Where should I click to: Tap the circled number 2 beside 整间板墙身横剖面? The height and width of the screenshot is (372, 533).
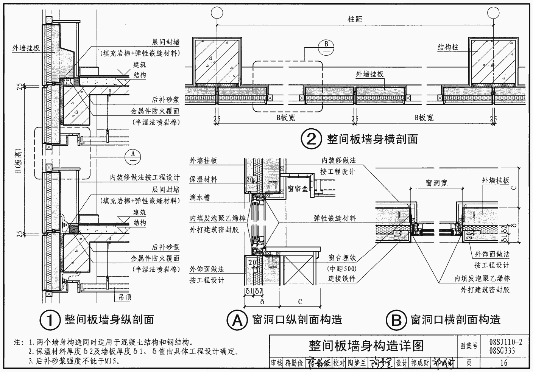tap(311, 139)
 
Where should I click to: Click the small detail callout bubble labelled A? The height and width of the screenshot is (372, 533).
tap(132, 155)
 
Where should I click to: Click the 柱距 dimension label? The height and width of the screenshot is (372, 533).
tap(355, 19)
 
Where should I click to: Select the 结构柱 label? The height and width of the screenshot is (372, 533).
tap(448, 48)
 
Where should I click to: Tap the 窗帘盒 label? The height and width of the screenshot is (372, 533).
tap(298, 188)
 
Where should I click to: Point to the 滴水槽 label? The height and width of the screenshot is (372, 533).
tap(200, 198)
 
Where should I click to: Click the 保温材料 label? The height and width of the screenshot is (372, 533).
tap(204, 179)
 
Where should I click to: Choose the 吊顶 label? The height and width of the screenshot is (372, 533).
tap(123, 297)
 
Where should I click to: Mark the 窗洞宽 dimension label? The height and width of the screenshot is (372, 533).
tap(436, 183)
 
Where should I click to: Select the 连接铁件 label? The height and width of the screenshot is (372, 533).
tap(342, 279)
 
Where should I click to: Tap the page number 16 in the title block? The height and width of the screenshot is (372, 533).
tap(503, 363)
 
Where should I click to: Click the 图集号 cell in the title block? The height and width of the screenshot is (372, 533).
tap(469, 346)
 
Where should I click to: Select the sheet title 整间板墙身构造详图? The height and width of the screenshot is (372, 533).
tap(366, 346)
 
